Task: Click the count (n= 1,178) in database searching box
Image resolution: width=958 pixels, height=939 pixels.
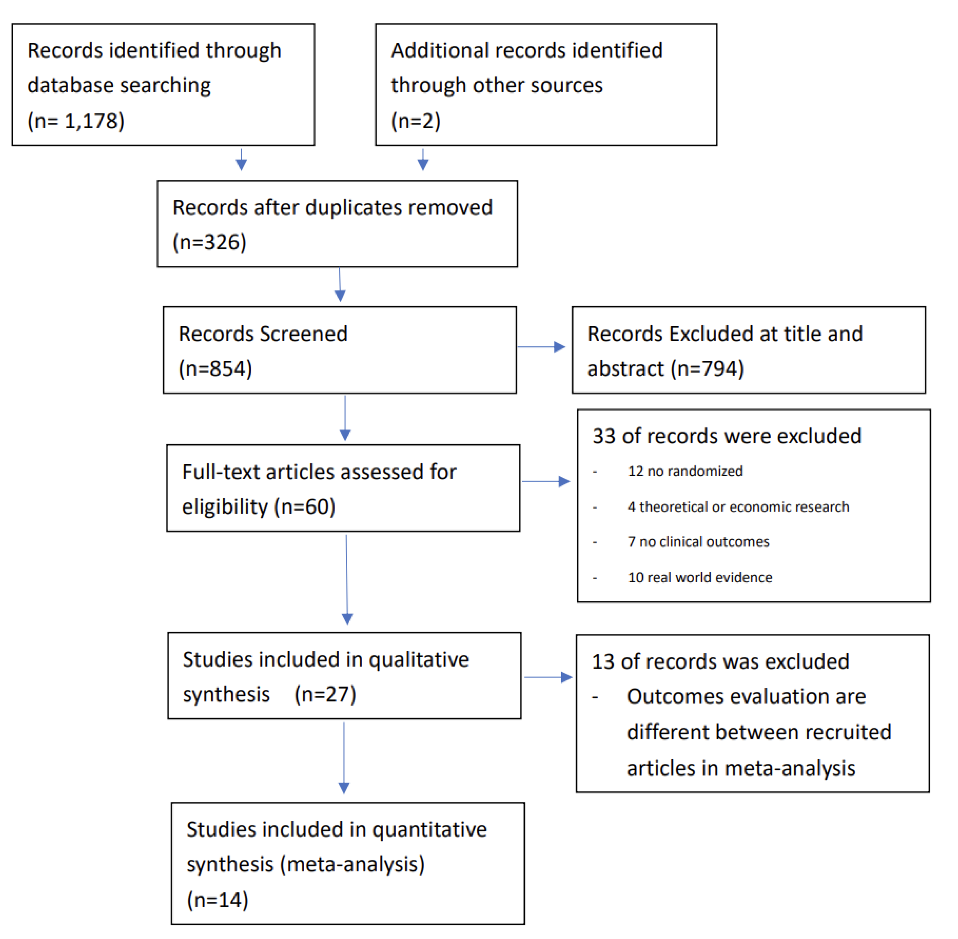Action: pyautogui.click(x=76, y=121)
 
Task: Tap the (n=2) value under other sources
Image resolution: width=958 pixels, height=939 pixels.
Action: pyautogui.click(x=415, y=121)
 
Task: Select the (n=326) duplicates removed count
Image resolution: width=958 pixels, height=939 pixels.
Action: pyautogui.click(x=209, y=242)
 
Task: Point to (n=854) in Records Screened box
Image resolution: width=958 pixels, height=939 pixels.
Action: pyautogui.click(x=215, y=369)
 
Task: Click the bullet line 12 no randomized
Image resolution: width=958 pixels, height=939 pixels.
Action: pyautogui.click(x=685, y=471)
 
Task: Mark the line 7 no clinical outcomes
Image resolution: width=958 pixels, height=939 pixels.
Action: pyautogui.click(x=698, y=542)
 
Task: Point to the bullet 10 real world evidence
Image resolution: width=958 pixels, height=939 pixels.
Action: pyautogui.click(x=700, y=578)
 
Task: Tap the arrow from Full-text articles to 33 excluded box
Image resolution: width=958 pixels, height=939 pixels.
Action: pyautogui.click(x=546, y=481)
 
